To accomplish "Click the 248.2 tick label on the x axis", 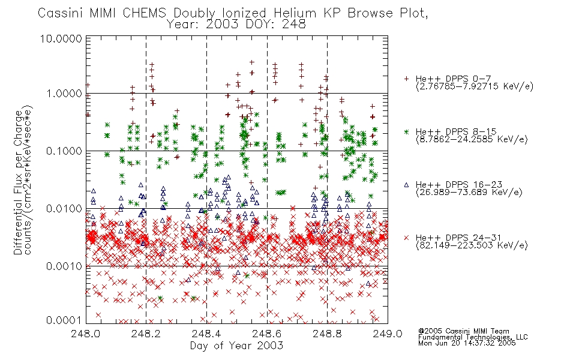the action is pyautogui.click(x=146, y=334).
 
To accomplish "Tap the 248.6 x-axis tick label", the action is pyautogui.click(x=267, y=334).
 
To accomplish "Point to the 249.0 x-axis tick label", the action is pyautogui.click(x=388, y=334).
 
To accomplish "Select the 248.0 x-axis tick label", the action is pyautogui.click(x=86, y=334).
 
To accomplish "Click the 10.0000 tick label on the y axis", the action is pyautogui.click(x=61, y=38).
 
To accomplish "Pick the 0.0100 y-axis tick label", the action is pyautogui.click(x=64, y=209).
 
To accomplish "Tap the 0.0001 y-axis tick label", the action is pyautogui.click(x=64, y=320).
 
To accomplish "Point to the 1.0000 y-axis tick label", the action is pyautogui.click(x=64, y=94).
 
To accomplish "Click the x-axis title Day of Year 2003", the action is pyautogui.click(x=236, y=346).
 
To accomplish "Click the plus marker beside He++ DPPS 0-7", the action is pyautogui.click(x=406, y=79).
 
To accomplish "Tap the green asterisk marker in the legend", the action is pyautogui.click(x=406, y=131).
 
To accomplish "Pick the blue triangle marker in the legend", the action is pyautogui.click(x=406, y=185).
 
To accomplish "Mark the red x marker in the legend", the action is pyautogui.click(x=406, y=238).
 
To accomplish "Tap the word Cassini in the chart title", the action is pyautogui.click(x=61, y=13).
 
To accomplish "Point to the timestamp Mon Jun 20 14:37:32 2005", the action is pyautogui.click(x=467, y=343).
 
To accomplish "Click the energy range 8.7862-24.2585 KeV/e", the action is pyautogui.click(x=472, y=139).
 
